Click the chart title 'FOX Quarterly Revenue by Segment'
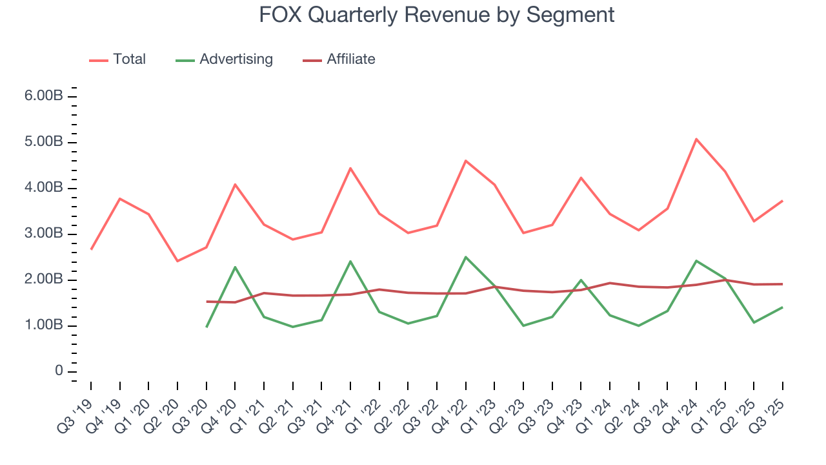(436, 14)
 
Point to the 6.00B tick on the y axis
(45, 96)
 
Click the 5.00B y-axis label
(45, 142)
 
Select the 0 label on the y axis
(59, 371)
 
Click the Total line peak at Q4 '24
(696, 139)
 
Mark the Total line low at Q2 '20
(177, 261)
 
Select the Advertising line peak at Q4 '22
(465, 257)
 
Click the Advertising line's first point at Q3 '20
(206, 327)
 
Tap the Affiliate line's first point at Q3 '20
(206, 302)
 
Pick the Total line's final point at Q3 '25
(783, 201)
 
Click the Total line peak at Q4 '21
(350, 168)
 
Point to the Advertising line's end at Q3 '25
(783, 307)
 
